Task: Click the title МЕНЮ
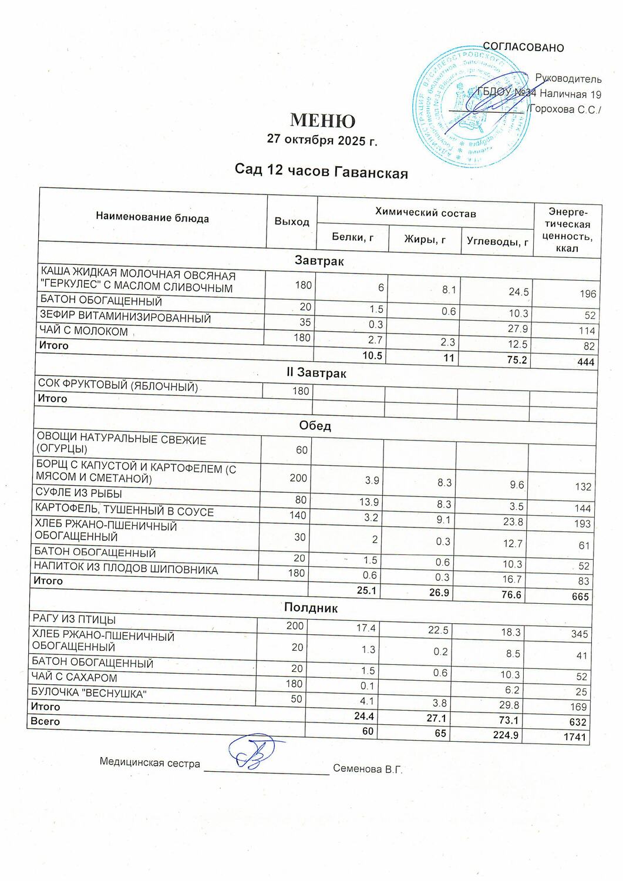click(322, 120)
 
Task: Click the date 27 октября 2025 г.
click(322, 140)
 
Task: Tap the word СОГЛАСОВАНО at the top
click(523, 48)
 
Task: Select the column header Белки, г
click(352, 237)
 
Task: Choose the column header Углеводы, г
click(497, 241)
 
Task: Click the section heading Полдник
click(311, 607)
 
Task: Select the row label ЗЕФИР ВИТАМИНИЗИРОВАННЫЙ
click(125, 318)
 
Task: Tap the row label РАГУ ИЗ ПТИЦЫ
click(73, 620)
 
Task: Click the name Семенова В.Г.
click(368, 769)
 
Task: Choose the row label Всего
click(45, 721)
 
